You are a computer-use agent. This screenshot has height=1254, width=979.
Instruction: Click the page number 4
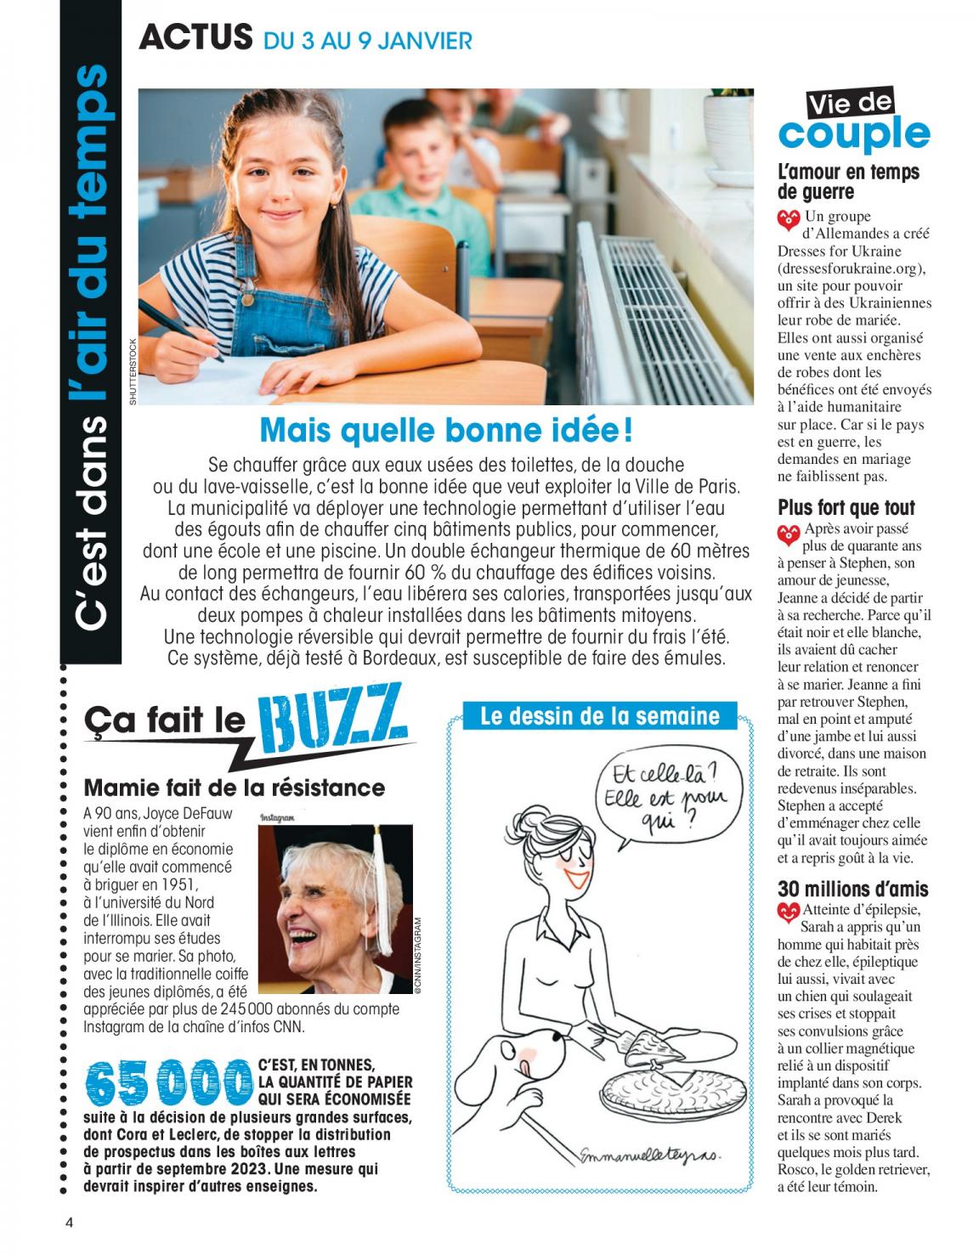point(70,1223)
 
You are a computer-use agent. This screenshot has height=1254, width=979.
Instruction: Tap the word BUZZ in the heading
point(334,718)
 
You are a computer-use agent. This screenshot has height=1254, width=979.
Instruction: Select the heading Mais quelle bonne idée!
point(445,430)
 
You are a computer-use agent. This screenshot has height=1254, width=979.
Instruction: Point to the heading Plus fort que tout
point(846,508)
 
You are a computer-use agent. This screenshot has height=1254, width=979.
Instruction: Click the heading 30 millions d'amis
point(852,890)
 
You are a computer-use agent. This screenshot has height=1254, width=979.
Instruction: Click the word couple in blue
point(853,134)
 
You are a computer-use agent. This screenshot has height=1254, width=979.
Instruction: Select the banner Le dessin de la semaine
point(600,716)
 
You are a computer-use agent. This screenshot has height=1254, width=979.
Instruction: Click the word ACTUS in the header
point(195,37)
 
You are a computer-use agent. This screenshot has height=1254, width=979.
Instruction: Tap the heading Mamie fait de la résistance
point(235,788)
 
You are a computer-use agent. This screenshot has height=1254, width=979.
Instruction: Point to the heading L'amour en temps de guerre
point(848,181)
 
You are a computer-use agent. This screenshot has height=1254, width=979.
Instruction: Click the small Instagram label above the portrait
point(277,817)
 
